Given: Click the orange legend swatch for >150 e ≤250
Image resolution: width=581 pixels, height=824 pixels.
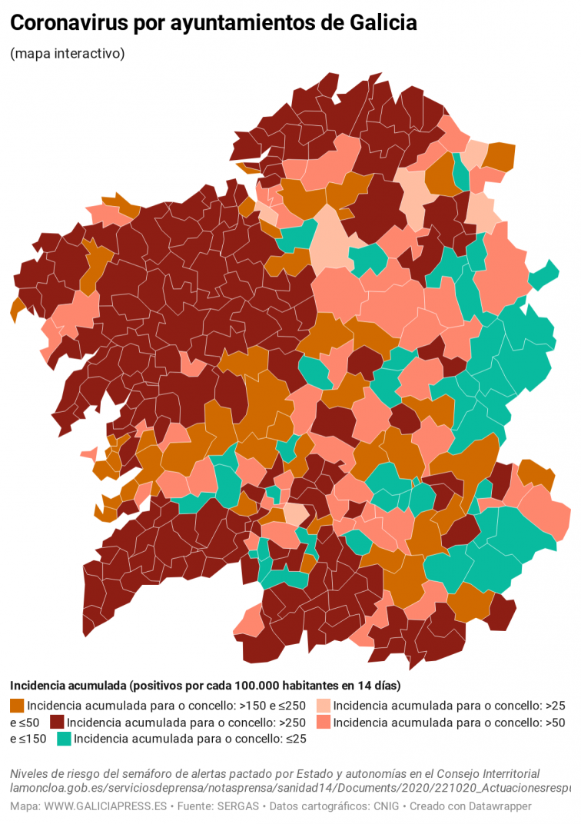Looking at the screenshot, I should [x=17, y=706].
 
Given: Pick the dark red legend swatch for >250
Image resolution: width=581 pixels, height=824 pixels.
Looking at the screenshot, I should [x=57, y=723].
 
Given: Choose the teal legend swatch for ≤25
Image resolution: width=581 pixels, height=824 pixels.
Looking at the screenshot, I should [x=64, y=739].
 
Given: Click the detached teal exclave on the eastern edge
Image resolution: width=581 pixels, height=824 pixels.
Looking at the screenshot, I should [x=543, y=275].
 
